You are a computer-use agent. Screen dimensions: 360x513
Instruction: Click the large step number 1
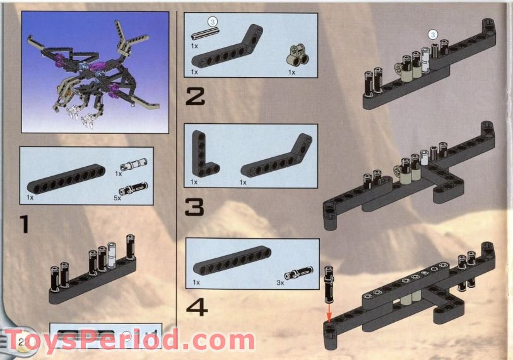pos(24,224)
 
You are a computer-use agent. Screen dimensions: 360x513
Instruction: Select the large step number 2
pos(195,97)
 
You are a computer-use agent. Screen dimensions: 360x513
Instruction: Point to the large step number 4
pos(196,307)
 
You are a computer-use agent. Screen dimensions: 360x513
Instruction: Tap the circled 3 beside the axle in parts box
pos(213,23)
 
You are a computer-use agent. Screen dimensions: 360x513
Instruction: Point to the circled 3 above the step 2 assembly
pos(432,34)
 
